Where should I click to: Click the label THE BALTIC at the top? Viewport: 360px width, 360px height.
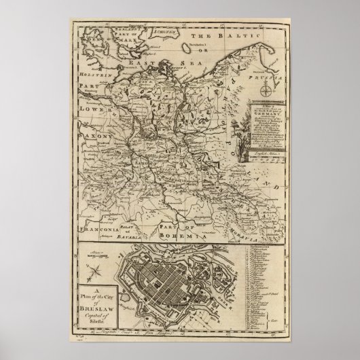(225, 33)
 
